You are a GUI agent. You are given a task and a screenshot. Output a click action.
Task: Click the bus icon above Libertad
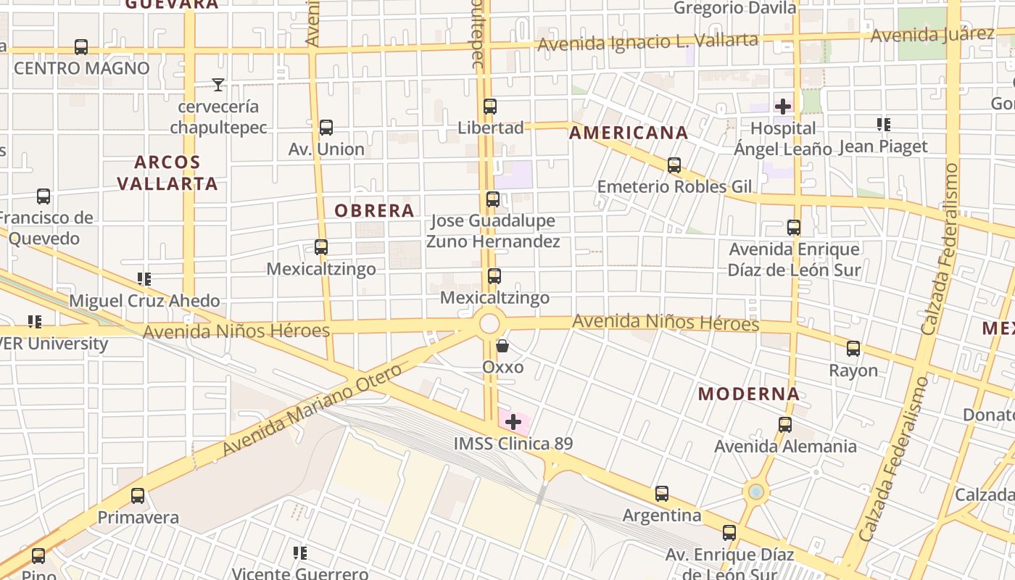490,107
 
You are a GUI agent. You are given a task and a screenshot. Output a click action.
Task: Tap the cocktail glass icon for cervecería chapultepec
217,85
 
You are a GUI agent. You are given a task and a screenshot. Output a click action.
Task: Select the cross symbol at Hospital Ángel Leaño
783,107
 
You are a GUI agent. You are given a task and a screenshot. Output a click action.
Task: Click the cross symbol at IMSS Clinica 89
513,421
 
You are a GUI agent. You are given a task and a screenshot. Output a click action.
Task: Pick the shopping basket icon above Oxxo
502,346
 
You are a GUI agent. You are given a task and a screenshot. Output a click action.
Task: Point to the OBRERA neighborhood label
374,211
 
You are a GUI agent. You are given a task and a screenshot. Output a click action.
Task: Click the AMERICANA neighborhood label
628,133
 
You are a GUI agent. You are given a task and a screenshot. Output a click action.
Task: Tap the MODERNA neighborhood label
749,394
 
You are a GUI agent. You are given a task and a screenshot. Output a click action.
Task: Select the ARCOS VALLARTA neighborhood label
167,173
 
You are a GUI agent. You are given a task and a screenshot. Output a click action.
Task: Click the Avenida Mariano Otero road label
312,410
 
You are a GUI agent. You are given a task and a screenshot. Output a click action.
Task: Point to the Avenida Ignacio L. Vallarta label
647,42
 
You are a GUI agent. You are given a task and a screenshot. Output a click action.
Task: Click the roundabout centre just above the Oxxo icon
490,323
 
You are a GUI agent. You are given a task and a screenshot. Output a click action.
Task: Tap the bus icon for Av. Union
326,128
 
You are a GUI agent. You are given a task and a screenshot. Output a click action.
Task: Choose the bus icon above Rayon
853,349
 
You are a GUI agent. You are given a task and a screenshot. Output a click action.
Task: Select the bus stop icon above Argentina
662,494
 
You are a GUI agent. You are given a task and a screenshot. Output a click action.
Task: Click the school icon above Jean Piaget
883,125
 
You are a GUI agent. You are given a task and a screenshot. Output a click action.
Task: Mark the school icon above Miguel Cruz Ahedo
144,279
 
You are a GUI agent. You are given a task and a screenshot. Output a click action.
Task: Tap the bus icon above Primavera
138,496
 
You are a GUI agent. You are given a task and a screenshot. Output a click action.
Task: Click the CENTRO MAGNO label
81,68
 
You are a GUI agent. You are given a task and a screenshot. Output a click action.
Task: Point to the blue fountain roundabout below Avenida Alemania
756,492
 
